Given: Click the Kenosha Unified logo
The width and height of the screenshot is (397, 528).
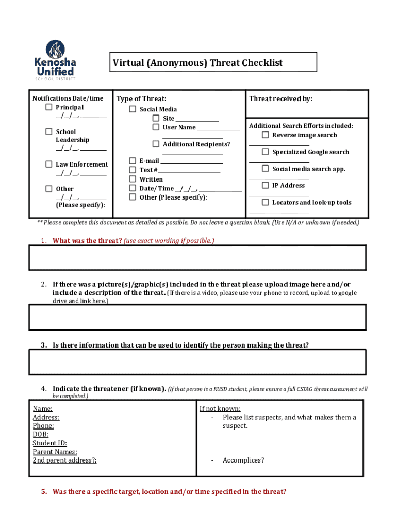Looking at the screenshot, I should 55,60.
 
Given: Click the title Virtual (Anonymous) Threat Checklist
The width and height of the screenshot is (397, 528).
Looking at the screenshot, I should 198,63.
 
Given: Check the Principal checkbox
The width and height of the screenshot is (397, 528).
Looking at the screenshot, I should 48,107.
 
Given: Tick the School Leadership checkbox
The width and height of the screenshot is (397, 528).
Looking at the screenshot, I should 48,131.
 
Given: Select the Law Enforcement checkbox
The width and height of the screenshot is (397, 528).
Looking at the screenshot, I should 48,164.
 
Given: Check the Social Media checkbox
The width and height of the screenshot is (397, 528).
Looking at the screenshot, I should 133,109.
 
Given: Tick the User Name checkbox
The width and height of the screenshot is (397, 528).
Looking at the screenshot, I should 156,127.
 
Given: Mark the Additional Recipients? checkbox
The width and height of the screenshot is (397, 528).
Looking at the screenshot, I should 156,144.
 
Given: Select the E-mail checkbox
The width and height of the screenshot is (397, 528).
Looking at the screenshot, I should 133,160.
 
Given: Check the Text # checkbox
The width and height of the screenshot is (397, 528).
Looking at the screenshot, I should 133,169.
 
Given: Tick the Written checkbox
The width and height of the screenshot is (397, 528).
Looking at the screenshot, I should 133,179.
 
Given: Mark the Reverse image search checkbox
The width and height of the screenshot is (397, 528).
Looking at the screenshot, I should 265,135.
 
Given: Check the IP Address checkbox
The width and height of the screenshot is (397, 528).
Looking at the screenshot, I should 265,185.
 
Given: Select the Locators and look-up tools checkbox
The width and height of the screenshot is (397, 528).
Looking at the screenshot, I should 265,202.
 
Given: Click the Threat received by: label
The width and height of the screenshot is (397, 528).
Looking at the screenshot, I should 280,98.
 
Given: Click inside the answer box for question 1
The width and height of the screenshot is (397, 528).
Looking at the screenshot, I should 198,257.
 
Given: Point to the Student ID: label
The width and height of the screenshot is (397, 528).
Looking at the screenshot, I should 49,443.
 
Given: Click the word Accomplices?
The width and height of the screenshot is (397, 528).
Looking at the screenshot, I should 243,460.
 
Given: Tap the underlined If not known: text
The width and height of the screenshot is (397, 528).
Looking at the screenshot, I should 220,409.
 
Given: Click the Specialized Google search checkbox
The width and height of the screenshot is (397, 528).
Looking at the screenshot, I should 265,152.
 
